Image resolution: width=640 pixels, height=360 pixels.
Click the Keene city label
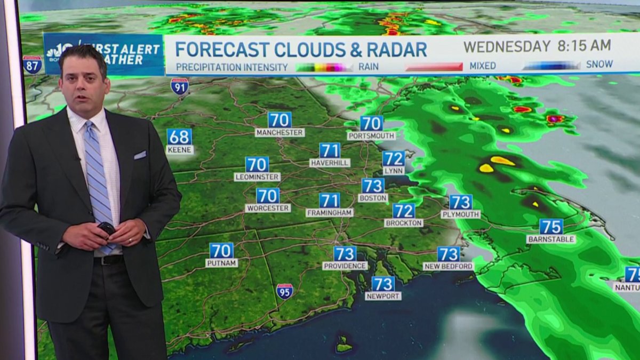tap(179, 150)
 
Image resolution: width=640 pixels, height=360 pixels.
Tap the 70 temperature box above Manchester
tap(279, 119)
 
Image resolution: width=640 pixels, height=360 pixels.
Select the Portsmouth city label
tap(371, 136)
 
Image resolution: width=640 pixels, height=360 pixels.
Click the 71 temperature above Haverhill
tap(330, 150)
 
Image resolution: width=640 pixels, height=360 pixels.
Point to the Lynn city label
tap(394, 171)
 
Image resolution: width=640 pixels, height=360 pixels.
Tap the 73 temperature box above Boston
tap(373, 186)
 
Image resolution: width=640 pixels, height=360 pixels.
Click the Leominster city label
tap(257, 177)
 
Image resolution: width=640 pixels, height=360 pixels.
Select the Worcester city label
tap(268, 208)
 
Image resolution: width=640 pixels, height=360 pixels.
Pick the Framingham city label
tap(330, 212)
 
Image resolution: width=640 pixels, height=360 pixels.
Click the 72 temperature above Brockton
tap(404, 211)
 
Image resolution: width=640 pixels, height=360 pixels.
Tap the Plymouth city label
tap(460, 214)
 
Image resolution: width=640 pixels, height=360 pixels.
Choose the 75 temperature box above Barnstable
tap(551, 227)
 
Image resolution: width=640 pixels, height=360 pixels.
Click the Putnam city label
tap(221, 263)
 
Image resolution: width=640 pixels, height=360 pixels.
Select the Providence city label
tap(345, 266)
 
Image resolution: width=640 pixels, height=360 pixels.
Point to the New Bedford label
tap(449, 266)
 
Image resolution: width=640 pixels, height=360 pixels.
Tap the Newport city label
tap(383, 295)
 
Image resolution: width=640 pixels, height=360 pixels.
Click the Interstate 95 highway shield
tap(284, 291)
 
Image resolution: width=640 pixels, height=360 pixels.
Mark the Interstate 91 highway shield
tap(179, 86)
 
